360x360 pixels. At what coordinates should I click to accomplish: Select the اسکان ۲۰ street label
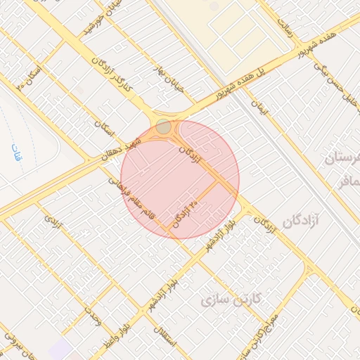pos(28,78)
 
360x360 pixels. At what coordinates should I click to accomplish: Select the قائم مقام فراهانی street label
pos(131,198)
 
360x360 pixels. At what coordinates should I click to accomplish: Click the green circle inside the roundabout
pos(163,127)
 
